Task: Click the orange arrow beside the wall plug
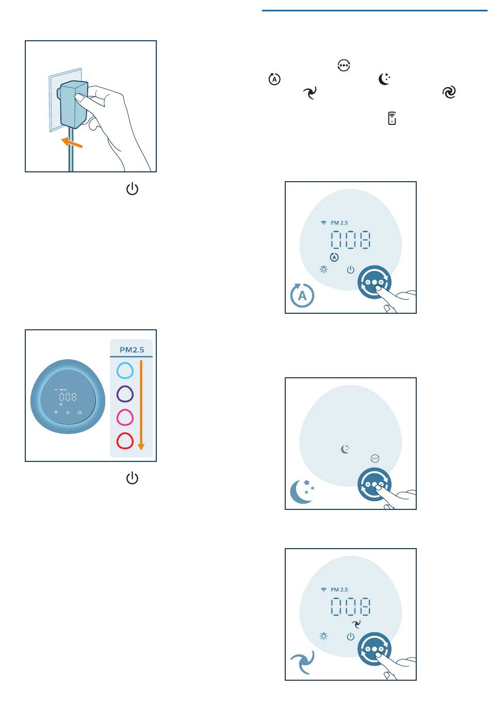coord(72,142)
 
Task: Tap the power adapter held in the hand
coord(73,104)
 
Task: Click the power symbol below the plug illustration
coord(132,189)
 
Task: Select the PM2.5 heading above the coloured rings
coord(132,349)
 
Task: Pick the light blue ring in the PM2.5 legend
coord(125,370)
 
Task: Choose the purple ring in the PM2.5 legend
coord(125,394)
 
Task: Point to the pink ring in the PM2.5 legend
coord(125,417)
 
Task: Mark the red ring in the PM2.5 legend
coord(125,441)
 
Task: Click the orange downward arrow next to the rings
coord(141,405)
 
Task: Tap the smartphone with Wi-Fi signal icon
coord(392,118)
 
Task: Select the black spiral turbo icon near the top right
coord(449,92)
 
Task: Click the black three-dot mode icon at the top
coord(344,66)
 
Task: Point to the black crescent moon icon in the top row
coord(384,79)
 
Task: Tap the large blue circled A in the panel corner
coord(302,296)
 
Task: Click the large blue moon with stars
coord(302,491)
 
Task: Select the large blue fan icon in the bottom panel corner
coord(302,662)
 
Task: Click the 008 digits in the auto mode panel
coord(350,240)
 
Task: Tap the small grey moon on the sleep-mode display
coord(345,449)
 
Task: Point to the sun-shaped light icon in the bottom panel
coord(324,637)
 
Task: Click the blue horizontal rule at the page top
coord(375,11)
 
